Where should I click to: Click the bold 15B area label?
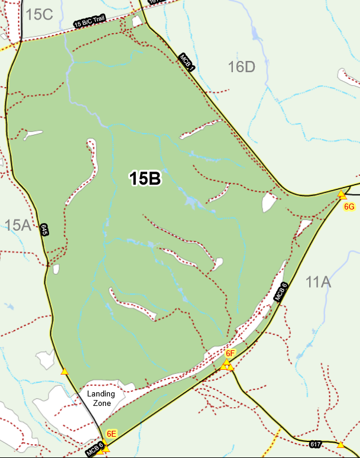[x=145, y=178]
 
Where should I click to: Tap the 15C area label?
[x=40, y=14]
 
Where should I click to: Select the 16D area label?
[x=241, y=67]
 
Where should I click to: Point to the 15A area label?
[x=18, y=225]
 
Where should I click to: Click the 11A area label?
[x=317, y=282]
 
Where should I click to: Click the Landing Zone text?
[x=100, y=398]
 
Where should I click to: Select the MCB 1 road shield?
[x=188, y=62]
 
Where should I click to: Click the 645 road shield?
[x=44, y=230]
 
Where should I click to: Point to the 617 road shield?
[x=315, y=444]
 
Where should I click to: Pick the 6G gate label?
[x=349, y=207]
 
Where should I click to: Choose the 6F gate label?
[x=231, y=353]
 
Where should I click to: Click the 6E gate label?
[x=111, y=434]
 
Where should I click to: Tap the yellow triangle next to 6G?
[x=342, y=194]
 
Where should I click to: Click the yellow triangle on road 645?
[x=64, y=372]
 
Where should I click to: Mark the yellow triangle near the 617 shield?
[x=341, y=444]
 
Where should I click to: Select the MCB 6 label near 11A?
[x=281, y=292]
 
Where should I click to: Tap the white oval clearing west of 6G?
[x=269, y=202]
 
